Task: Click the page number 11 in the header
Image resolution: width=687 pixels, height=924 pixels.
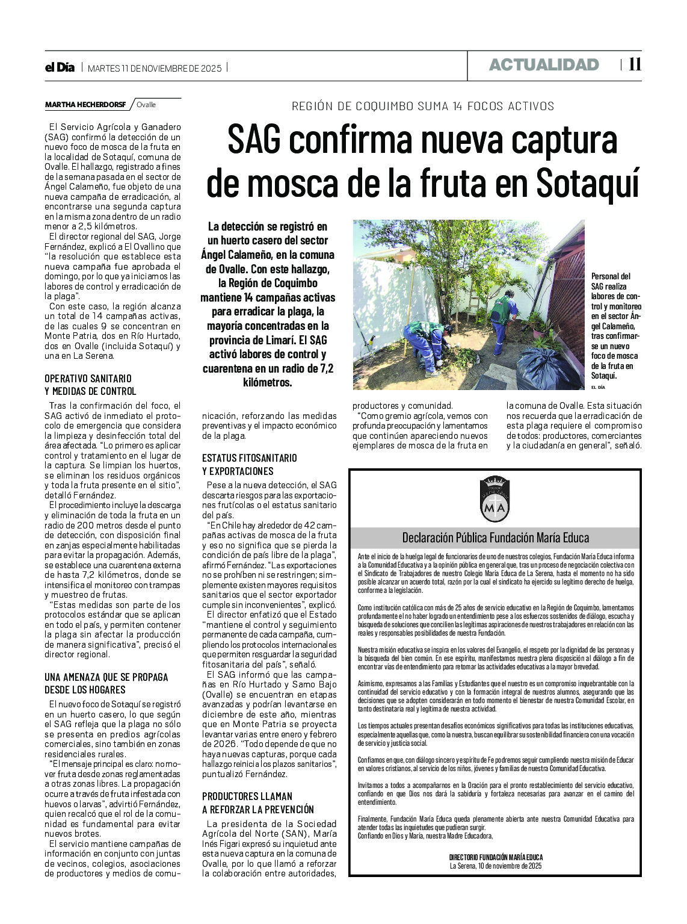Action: [635, 64]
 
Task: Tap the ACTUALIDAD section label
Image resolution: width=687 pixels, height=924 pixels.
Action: [544, 65]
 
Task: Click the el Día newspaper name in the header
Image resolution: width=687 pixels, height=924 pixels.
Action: [60, 68]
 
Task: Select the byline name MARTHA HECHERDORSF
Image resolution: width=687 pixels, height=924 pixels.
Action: [85, 105]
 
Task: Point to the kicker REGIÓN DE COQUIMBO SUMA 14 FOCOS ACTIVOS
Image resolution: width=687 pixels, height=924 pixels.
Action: [422, 107]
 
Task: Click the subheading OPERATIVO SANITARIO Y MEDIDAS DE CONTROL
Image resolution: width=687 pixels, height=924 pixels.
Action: [90, 385]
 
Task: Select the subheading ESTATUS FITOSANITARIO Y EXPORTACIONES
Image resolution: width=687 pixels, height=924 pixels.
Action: [249, 464]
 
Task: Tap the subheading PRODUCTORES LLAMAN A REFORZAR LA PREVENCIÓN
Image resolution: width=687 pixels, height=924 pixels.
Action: [257, 802]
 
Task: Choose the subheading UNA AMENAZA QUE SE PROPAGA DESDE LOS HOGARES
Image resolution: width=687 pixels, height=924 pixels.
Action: [106, 683]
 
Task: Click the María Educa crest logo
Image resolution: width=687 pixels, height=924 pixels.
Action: [495, 499]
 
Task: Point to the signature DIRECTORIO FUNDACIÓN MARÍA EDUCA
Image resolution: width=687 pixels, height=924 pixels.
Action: [496, 857]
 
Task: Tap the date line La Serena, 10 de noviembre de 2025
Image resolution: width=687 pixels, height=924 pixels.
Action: [496, 866]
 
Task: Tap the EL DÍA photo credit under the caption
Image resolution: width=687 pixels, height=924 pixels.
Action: [597, 386]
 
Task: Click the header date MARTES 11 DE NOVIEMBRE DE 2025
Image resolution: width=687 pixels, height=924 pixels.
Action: [155, 68]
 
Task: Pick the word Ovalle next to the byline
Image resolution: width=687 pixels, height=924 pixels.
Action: [146, 105]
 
